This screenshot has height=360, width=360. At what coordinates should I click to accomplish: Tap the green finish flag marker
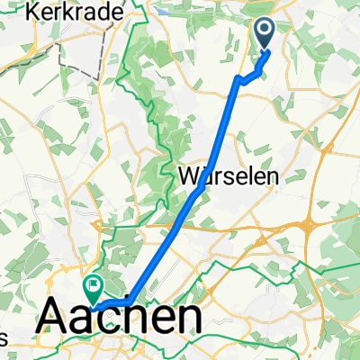[x=93, y=288]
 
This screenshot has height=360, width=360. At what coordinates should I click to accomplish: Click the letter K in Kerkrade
[x=33, y=12]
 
